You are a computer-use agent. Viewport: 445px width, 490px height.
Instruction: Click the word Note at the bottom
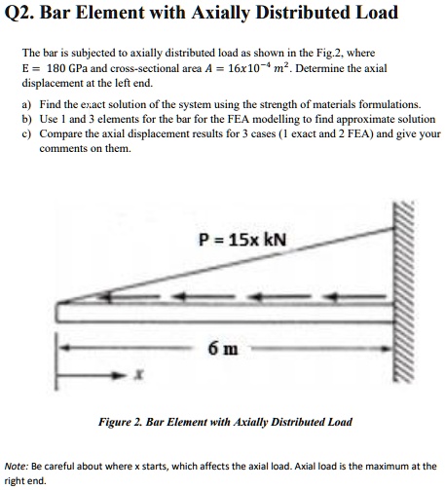(17, 466)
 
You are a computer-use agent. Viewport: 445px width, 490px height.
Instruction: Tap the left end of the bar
(60, 313)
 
